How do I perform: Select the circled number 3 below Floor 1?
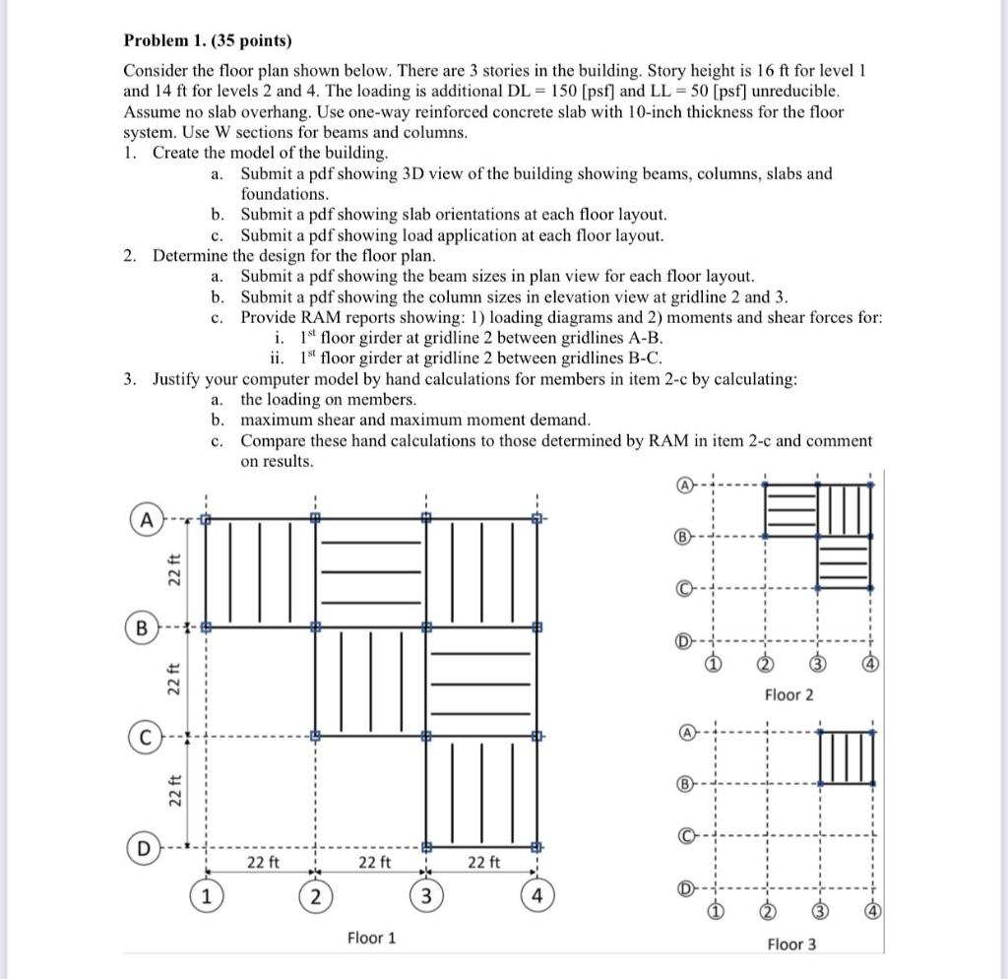pos(426,896)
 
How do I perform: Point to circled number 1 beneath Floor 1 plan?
pos(206,896)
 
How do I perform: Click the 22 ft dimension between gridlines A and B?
pos(171,572)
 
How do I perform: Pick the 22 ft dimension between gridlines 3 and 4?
pos(482,863)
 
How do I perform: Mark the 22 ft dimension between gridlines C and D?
pos(171,791)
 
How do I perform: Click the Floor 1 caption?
pos(371,938)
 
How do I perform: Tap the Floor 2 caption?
pos(789,695)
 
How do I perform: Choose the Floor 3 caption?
pos(791,945)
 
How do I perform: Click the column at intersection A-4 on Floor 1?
pos(536,517)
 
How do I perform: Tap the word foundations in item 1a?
pos(283,194)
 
